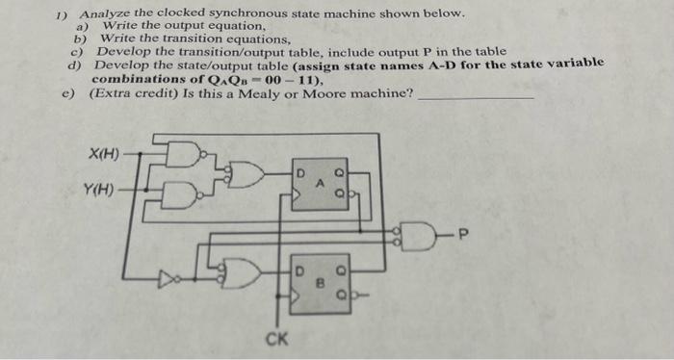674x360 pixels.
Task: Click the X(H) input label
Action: (x=103, y=154)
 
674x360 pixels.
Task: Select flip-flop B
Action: (x=320, y=274)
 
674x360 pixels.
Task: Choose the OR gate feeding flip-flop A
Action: (x=247, y=174)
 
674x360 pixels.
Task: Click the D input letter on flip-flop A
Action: (x=300, y=173)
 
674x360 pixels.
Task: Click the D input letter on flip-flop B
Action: (x=299, y=260)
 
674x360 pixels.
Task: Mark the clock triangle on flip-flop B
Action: (x=298, y=288)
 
